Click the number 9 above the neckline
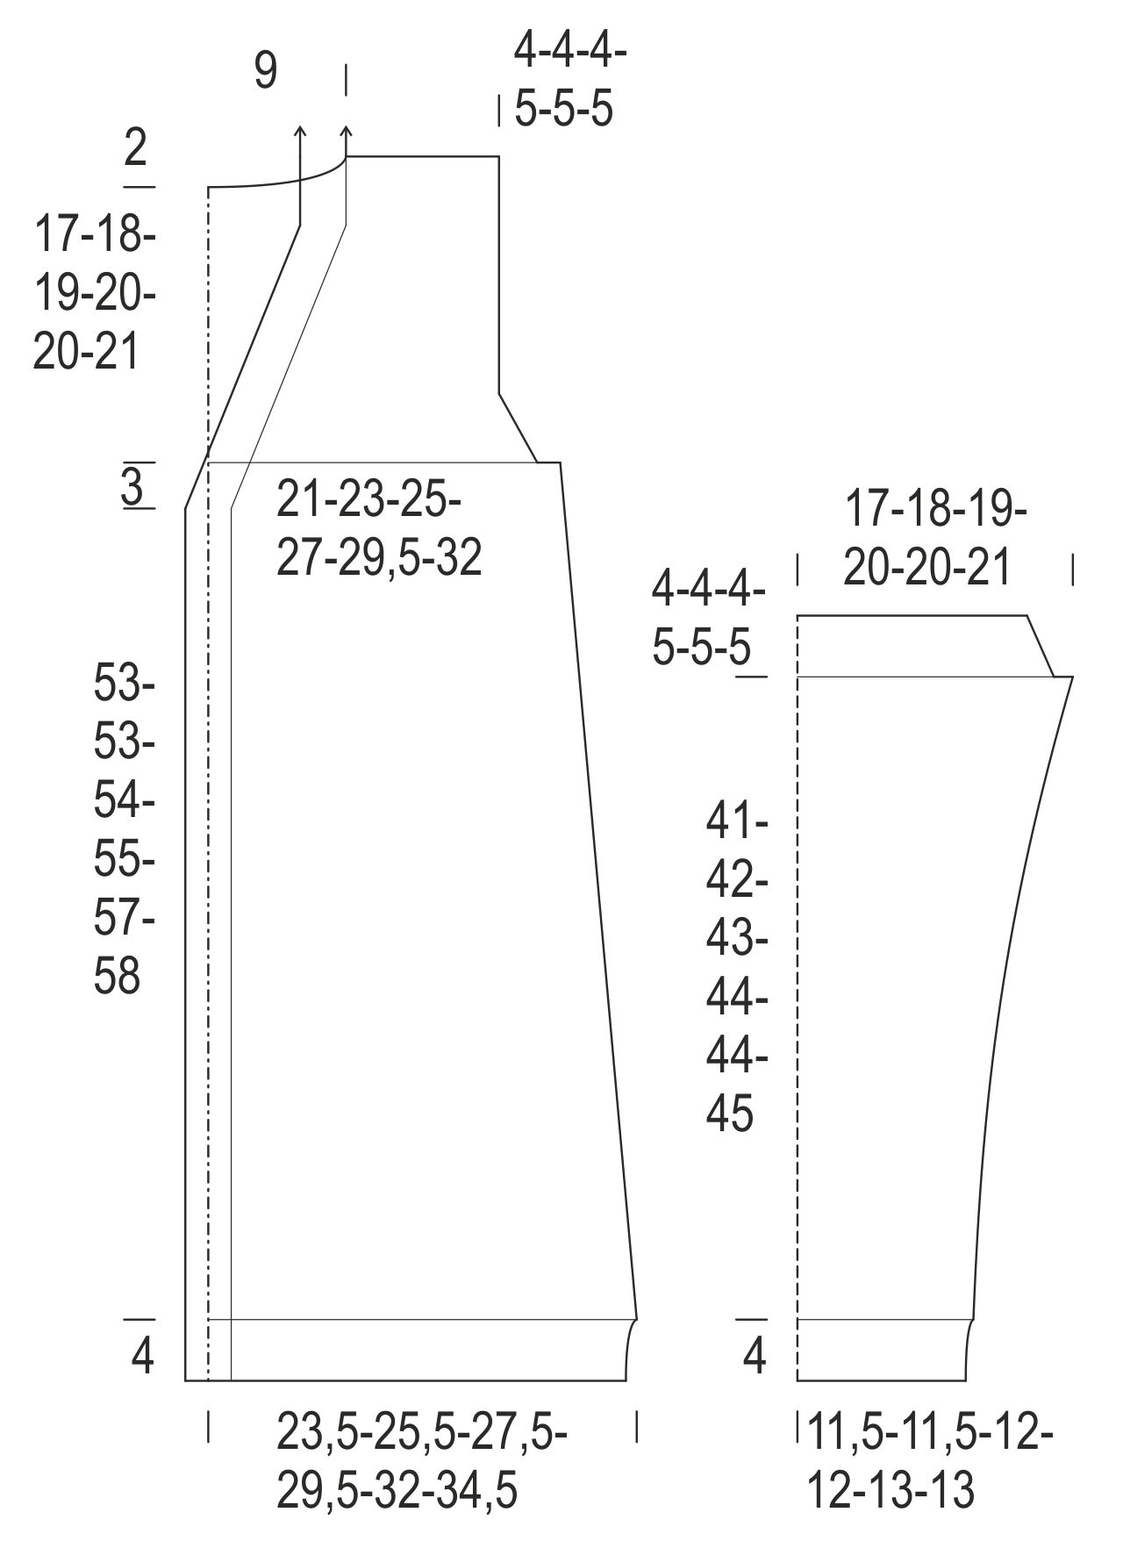[x=266, y=71]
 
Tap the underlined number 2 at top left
[x=135, y=148]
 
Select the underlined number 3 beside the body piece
[x=132, y=486]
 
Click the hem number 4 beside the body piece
[x=142, y=1357]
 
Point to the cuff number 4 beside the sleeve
[x=755, y=1357]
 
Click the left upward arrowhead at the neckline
[x=300, y=132]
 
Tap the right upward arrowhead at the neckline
[x=346, y=132]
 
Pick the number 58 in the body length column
[x=118, y=976]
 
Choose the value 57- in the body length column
[x=125, y=918]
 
